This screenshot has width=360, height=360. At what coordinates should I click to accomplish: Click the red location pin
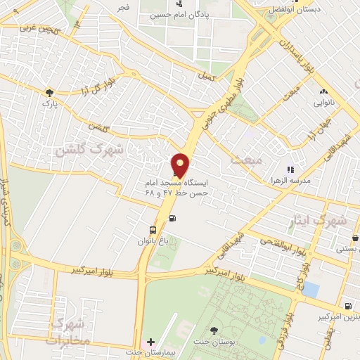point(181,165)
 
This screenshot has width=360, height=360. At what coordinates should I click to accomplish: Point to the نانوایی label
point(324,103)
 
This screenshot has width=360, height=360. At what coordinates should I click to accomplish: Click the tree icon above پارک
point(49,92)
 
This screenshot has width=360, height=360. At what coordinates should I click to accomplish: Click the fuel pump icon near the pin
point(174,217)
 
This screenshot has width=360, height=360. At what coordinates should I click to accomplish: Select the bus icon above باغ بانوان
point(153,230)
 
